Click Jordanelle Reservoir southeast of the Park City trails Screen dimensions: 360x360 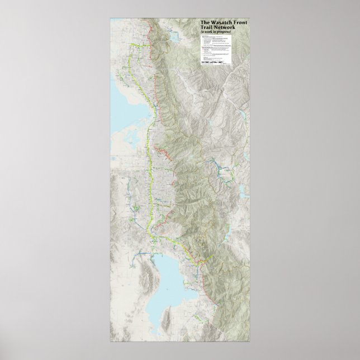coord(241,193)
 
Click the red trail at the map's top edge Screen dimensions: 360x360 coord(148,25)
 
